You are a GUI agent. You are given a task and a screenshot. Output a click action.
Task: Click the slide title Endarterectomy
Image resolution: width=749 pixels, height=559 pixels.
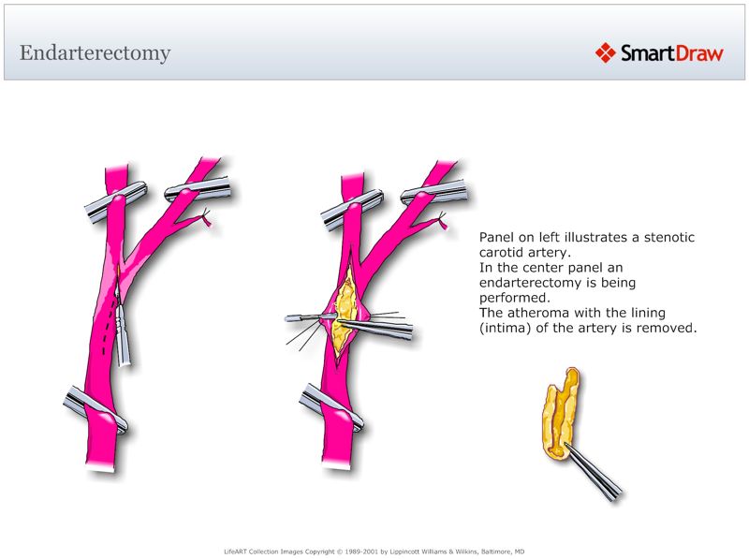pos(95,52)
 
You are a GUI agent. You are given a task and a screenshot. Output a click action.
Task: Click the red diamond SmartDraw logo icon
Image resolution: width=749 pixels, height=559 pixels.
pos(605,52)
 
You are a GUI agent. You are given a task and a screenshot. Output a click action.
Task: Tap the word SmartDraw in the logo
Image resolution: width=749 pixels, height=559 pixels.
pos(671,53)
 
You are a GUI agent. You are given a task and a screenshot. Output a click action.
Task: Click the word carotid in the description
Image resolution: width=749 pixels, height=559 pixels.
pos(503,253)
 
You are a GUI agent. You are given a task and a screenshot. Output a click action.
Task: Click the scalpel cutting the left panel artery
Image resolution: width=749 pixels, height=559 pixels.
pos(124,332)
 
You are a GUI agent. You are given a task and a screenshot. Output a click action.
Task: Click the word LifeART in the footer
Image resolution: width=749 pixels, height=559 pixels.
pos(228,551)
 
